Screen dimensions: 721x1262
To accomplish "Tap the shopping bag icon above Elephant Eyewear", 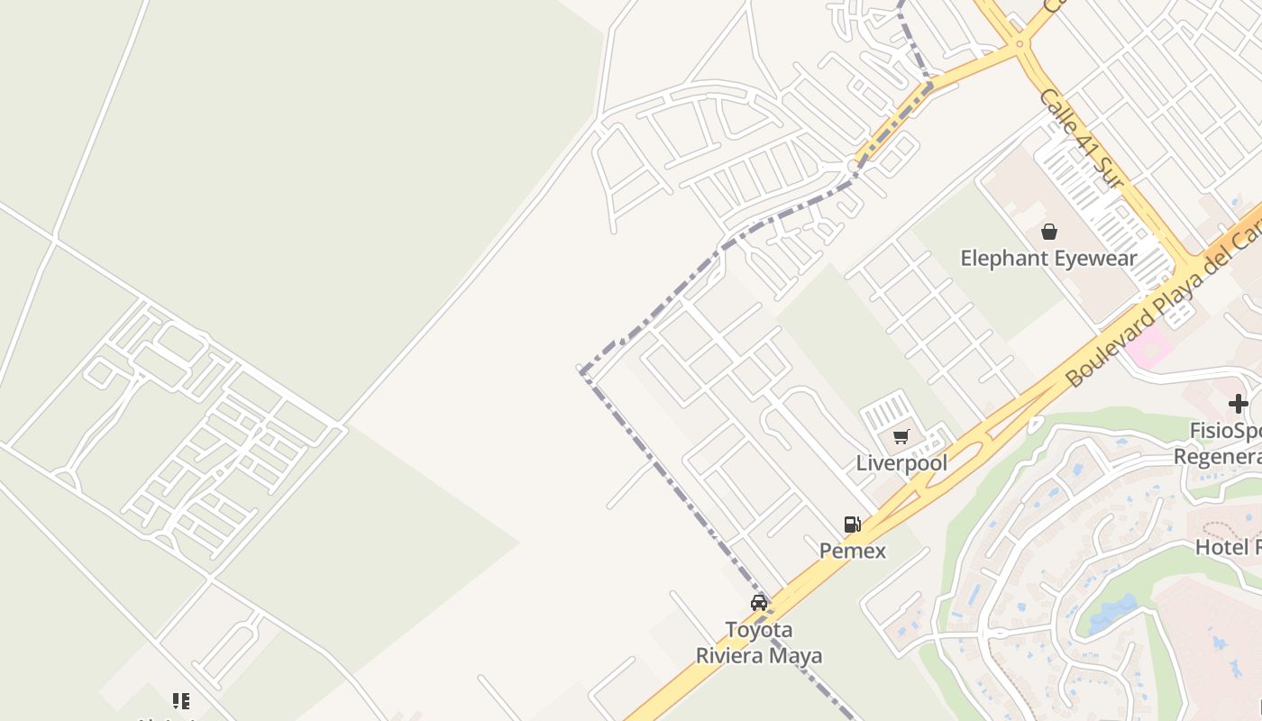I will coord(1048,233).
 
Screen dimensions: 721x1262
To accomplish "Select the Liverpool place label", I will coord(901,463).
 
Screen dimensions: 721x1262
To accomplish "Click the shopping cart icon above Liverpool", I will coord(901,437).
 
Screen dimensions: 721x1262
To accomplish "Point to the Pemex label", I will coord(852,550).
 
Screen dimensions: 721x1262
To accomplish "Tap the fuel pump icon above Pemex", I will coord(852,525).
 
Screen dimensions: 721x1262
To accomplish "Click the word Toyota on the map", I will coord(759,629).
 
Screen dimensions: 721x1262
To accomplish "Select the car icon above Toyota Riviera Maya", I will coord(759,603).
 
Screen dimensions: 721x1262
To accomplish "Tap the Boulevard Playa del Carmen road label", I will coord(1163,306).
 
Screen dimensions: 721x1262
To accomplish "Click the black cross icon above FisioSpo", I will coord(1238,404).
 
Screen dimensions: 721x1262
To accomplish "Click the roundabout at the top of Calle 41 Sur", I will coord(1020,43).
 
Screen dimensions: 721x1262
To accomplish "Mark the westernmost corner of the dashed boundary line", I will coord(582,370).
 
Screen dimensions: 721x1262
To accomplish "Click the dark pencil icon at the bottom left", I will coord(181,700).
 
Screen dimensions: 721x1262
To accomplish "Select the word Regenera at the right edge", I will coord(1217,456).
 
